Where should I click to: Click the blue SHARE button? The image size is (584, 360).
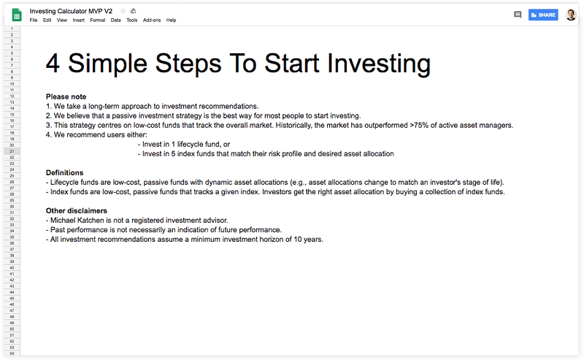point(543,15)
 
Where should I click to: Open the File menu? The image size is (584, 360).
point(34,20)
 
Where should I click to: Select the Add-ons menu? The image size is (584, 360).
point(152,20)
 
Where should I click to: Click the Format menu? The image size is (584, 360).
point(98,20)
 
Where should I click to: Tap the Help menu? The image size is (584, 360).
point(171,20)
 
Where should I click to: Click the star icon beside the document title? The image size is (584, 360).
point(123,11)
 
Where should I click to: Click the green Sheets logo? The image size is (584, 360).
point(17,15)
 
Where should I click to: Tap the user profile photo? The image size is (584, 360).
point(571,15)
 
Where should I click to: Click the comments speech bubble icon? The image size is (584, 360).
point(518,15)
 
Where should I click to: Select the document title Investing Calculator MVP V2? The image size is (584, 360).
point(71,11)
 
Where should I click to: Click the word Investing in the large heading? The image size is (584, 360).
point(379,64)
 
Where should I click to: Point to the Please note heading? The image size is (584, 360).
point(66,97)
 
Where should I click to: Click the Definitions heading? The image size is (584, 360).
point(64,173)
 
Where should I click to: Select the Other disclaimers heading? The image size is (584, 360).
point(77,211)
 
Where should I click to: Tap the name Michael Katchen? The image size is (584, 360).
point(77,221)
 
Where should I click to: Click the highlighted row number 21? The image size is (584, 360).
point(12,151)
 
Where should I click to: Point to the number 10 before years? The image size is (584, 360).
point(298,240)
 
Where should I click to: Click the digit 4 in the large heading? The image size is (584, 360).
point(53,64)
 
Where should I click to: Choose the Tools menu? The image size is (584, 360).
point(132,20)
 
